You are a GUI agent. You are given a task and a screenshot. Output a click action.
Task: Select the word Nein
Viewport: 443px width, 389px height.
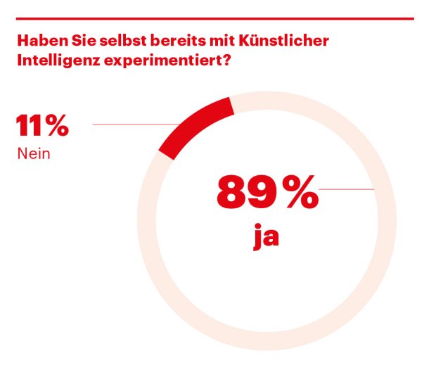click(x=34, y=153)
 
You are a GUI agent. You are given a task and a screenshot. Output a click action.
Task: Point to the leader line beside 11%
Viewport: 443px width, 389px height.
click(x=134, y=125)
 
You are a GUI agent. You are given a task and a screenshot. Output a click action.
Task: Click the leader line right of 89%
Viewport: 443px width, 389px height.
click(x=346, y=189)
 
